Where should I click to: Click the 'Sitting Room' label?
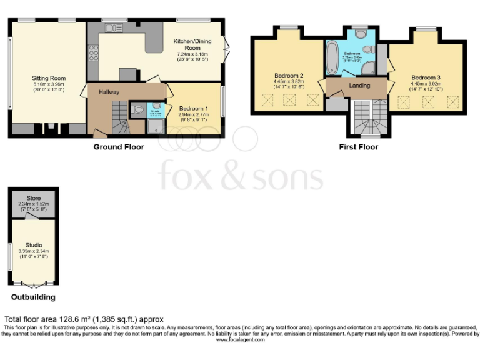click(x=49, y=78)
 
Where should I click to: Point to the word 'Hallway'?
click(x=109, y=92)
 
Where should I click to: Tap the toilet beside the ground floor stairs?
click(x=139, y=111)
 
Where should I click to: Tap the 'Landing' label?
click(x=359, y=86)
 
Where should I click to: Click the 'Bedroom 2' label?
click(x=288, y=75)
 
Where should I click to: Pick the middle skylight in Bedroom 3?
click(x=428, y=102)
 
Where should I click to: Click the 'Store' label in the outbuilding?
click(x=33, y=198)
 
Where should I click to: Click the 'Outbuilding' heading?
click(x=33, y=297)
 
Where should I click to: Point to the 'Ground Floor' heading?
click(x=119, y=147)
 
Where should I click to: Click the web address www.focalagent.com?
click(x=240, y=340)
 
